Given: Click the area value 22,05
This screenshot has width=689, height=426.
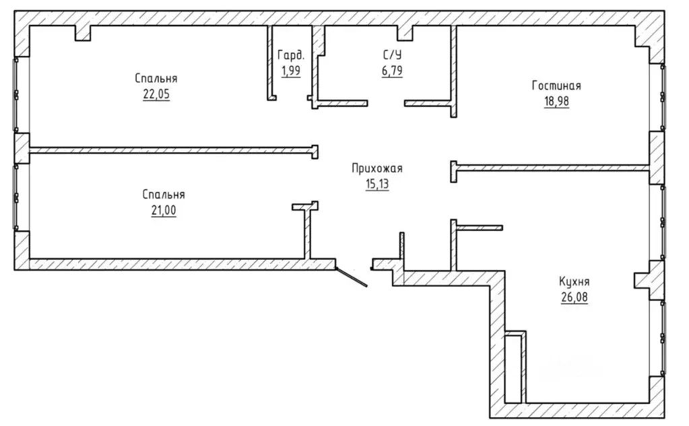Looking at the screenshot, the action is coord(156,94).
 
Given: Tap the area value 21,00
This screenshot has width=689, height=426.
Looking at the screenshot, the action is coord(164,211).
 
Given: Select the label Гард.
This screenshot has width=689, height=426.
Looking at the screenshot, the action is coord(291,55).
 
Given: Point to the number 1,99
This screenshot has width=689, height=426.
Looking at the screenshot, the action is coord(291,70).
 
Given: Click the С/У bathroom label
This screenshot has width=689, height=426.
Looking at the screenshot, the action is coord(392,55).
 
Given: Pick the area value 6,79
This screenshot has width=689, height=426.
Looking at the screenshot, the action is coord(392,70).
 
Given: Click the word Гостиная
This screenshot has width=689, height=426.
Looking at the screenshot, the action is coord(556,85).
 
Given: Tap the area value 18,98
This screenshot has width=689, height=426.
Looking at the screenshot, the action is coord(556,101).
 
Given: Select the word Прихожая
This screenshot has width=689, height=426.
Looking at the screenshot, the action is coord(377,168).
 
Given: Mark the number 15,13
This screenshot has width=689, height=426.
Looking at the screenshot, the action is coord(377,184).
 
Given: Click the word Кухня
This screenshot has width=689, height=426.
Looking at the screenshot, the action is coord(574,281).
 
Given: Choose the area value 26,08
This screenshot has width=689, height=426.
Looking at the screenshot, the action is coord(574,297).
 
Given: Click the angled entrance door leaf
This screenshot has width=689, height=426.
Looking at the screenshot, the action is coord(352,277).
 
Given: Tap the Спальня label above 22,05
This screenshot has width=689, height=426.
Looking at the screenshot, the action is coord(156,78).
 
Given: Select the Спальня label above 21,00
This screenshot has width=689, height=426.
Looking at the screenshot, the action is coord(164,194).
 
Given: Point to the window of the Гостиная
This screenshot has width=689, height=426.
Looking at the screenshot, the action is coord(663,98).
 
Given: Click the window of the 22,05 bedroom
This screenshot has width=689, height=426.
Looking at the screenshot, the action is coord(16,94).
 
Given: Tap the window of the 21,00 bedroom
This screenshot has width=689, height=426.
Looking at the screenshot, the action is coord(16,197).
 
